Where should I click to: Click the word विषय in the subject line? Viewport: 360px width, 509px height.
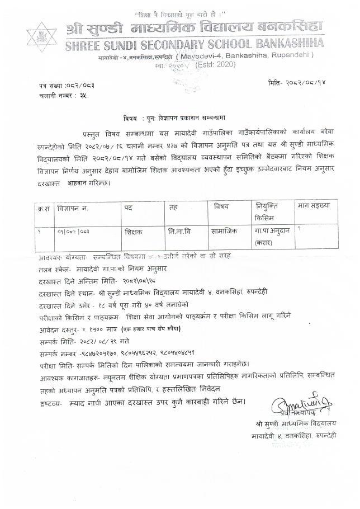pyautogui.click(x=130, y=119)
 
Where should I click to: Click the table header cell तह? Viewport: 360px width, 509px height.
pyautogui.click(x=173, y=207)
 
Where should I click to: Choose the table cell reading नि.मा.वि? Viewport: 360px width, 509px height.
pyautogui.click(x=179, y=230)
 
